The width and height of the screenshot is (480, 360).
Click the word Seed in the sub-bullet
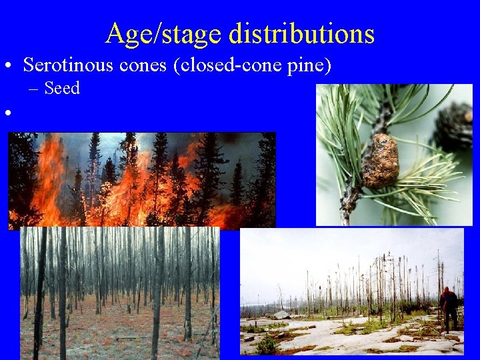coord(62,88)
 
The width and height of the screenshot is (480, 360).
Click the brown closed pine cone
coord(381,160)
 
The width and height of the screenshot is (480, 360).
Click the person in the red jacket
coord(450,308)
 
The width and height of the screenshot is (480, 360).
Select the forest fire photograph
coord(141,180)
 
